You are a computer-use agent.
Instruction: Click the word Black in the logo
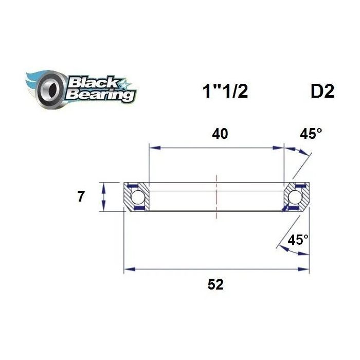[x=93, y=83]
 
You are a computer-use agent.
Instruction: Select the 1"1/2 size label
[x=225, y=91]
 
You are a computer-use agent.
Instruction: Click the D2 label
[x=322, y=92]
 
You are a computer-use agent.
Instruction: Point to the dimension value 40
[x=220, y=134]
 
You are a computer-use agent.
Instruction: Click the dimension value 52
[x=215, y=284]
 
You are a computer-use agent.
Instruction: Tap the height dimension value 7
[x=81, y=197]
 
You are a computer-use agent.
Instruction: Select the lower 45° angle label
[x=298, y=240]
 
